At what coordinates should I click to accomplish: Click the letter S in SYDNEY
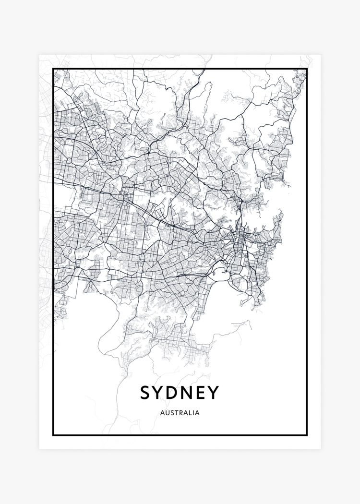pyautogui.click(x=146, y=393)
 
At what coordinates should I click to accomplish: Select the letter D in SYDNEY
pyautogui.click(x=175, y=393)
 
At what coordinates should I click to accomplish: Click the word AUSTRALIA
pyautogui.click(x=180, y=412)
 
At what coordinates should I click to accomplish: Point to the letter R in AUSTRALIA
pyautogui.click(x=181, y=412)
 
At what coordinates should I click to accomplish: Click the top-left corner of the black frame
pyautogui.click(x=53, y=70)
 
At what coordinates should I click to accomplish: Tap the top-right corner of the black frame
pyautogui.click(x=307, y=70)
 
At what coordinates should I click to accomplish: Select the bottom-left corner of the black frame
pyautogui.click(x=53, y=435)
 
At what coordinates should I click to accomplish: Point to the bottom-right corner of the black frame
pyautogui.click(x=307, y=435)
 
